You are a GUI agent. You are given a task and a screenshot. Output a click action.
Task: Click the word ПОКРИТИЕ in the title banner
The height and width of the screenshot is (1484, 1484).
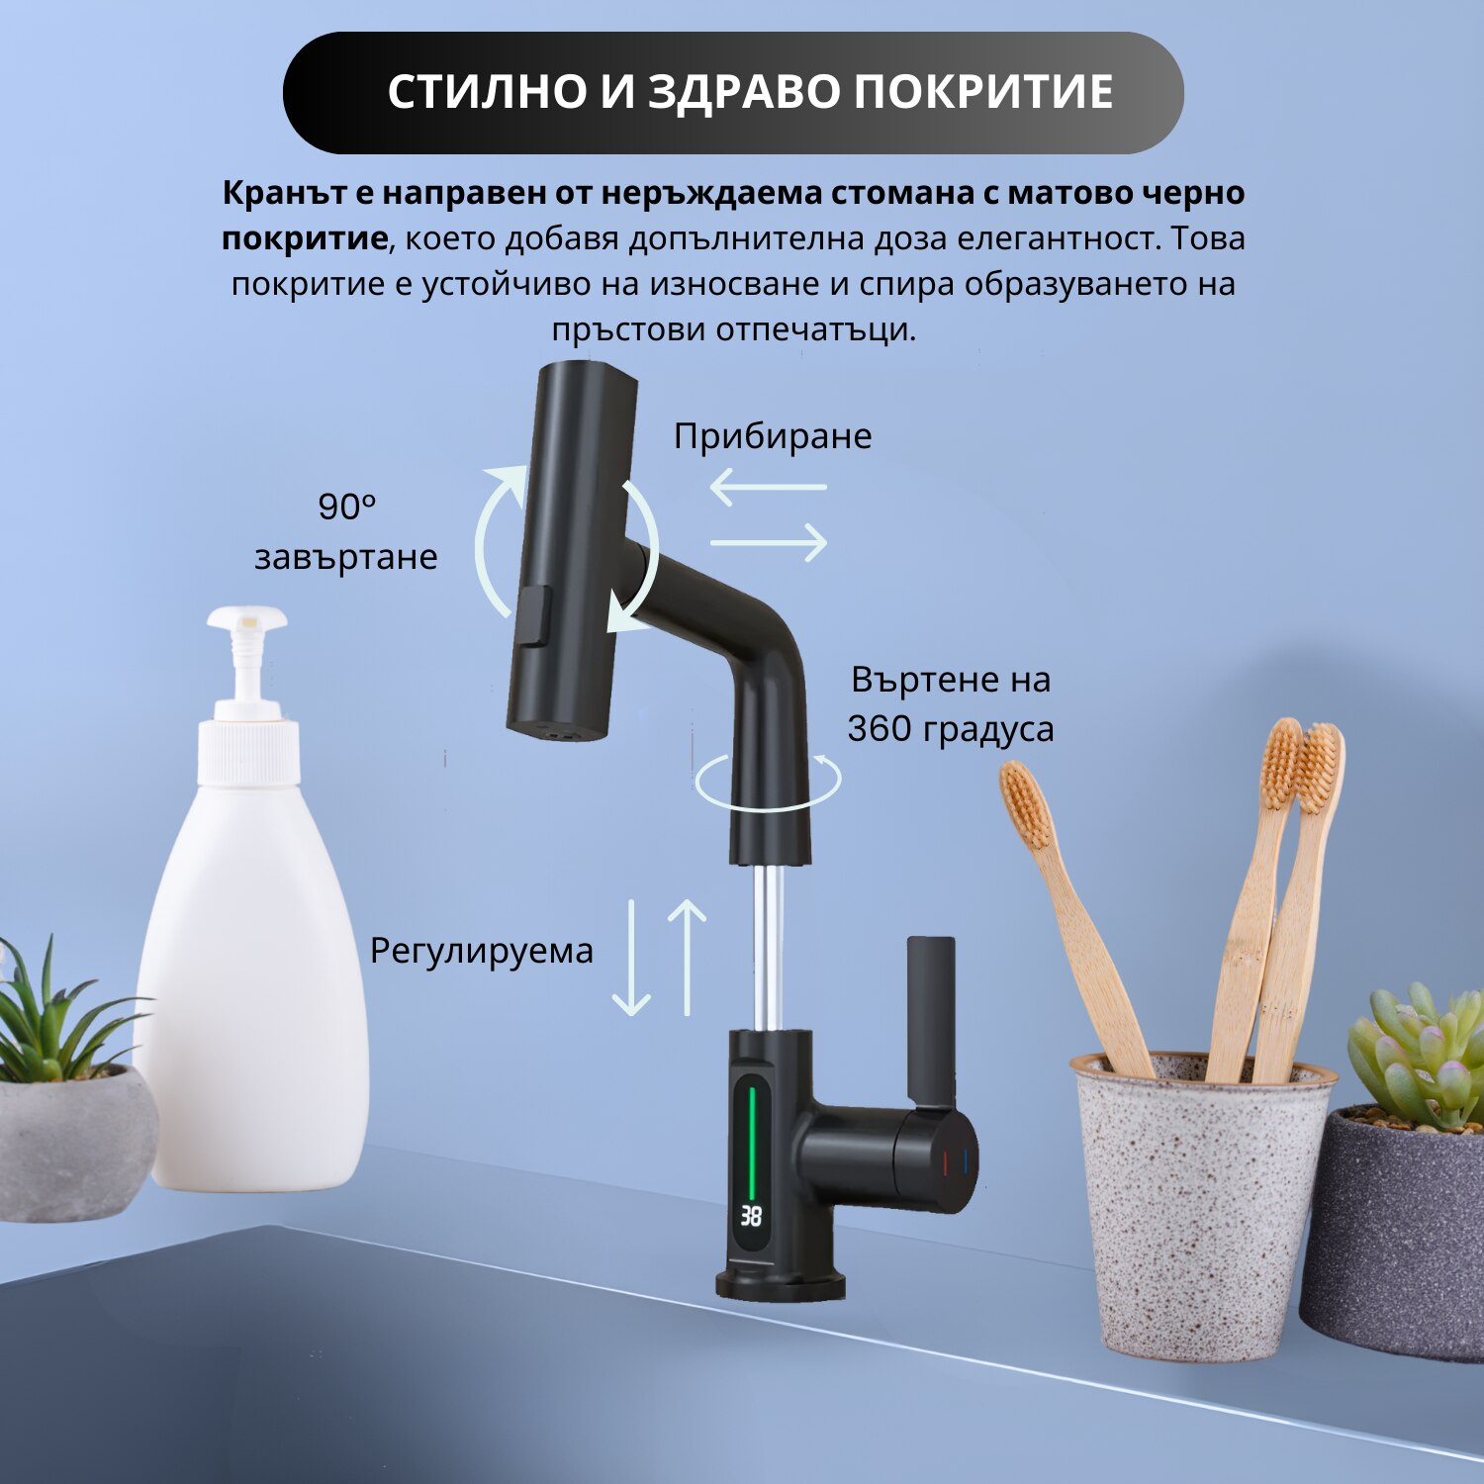tap(983, 92)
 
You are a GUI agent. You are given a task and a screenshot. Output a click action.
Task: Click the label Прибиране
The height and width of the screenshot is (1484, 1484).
tap(773, 436)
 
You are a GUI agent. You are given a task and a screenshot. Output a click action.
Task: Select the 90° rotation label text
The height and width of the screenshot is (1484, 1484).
tap(346, 531)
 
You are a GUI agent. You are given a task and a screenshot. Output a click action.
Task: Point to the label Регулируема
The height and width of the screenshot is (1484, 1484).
tap(482, 951)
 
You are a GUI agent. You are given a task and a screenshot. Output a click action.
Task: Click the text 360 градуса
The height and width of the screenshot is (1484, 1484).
tap(951, 728)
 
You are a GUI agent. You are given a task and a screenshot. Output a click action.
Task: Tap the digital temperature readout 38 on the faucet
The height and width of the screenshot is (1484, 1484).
tap(752, 1215)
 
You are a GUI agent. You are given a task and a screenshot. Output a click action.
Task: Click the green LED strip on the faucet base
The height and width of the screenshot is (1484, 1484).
tap(752, 1139)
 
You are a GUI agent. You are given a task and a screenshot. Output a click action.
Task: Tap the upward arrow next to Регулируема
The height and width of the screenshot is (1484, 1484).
tap(688, 958)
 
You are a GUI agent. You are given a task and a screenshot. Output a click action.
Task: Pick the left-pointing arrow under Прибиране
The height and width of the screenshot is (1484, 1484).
tap(768, 487)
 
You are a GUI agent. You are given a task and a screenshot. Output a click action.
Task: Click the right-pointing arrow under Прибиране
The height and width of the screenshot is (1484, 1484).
tap(769, 542)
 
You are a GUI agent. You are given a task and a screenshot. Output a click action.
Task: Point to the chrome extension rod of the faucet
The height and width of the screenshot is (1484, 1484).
tap(768, 947)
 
